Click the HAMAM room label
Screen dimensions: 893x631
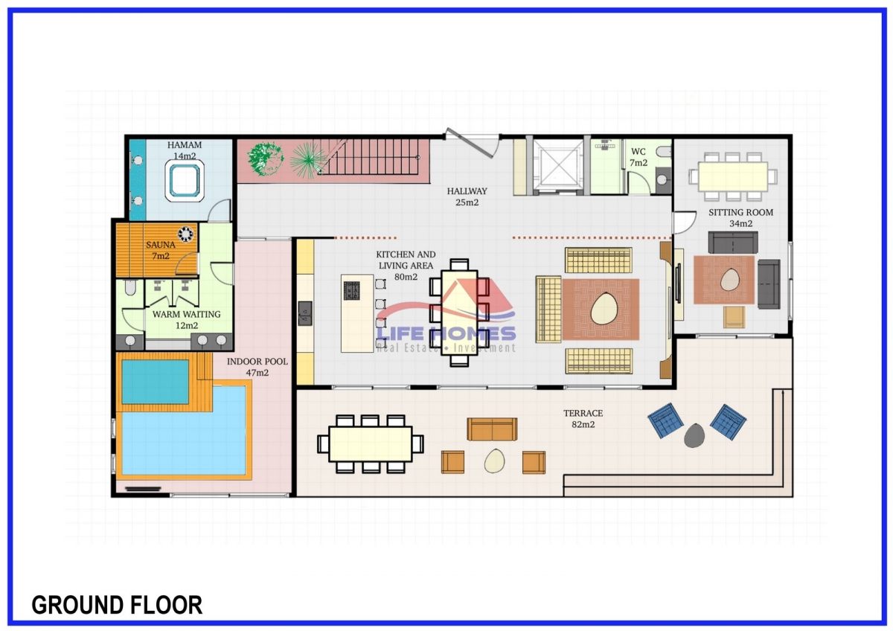tap(185, 144)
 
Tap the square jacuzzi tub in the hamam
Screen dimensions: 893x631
tap(185, 181)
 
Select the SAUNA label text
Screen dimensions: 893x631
tap(160, 245)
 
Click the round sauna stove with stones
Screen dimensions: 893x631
tap(185, 234)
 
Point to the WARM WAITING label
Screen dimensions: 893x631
tap(186, 314)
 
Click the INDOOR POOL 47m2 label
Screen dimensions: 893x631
tap(257, 367)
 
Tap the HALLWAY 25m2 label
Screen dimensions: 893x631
tap(467, 196)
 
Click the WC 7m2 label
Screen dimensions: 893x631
tap(638, 157)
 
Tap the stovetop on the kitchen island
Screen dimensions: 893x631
tap(351, 291)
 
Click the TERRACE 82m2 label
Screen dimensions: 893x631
tap(583, 419)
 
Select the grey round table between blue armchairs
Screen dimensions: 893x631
tap(694, 435)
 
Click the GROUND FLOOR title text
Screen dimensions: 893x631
tap(117, 605)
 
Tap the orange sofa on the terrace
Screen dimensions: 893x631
tap(492, 429)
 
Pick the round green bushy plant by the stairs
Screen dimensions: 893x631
tap(265, 158)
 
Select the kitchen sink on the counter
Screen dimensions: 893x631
tap(305, 313)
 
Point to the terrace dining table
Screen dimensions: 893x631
tap(371, 444)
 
